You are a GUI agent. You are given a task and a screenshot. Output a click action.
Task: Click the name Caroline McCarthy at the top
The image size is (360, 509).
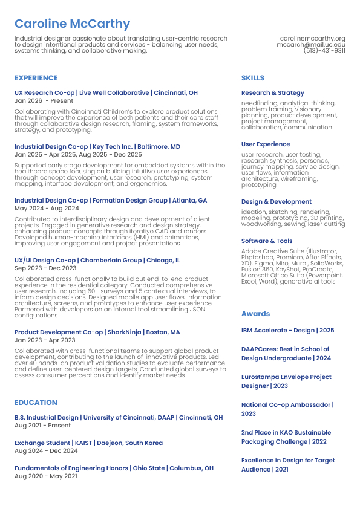(x=72, y=24)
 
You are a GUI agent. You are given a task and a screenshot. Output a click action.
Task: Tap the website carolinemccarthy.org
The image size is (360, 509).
(x=312, y=38)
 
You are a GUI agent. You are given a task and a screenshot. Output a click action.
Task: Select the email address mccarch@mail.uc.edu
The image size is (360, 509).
(x=311, y=45)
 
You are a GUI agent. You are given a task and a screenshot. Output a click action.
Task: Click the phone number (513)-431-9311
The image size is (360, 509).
(x=324, y=51)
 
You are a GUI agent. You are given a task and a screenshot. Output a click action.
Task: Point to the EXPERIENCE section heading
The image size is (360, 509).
(x=36, y=78)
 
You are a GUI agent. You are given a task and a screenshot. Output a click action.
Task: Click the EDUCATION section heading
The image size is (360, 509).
(x=36, y=403)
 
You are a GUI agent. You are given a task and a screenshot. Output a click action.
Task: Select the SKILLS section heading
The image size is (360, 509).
(x=253, y=78)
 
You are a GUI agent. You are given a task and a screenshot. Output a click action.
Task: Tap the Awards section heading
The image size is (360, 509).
(x=255, y=314)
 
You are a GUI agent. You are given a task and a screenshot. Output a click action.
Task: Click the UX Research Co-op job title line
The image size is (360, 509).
(x=106, y=93)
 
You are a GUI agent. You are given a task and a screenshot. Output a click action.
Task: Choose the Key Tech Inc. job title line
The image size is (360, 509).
(x=97, y=147)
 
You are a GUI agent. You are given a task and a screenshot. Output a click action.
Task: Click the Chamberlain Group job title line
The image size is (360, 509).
(x=97, y=261)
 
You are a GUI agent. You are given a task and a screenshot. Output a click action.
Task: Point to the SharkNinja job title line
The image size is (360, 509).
(x=97, y=332)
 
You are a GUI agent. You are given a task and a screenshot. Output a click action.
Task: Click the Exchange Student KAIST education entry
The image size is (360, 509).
(x=88, y=443)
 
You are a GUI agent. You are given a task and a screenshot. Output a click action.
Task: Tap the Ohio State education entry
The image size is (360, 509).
(x=114, y=468)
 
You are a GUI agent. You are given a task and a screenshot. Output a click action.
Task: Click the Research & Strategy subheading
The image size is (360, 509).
(x=272, y=93)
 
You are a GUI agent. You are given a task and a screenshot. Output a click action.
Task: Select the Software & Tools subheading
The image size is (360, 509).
(x=267, y=241)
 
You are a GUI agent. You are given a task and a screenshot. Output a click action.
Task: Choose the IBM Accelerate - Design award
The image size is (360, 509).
(x=287, y=331)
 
